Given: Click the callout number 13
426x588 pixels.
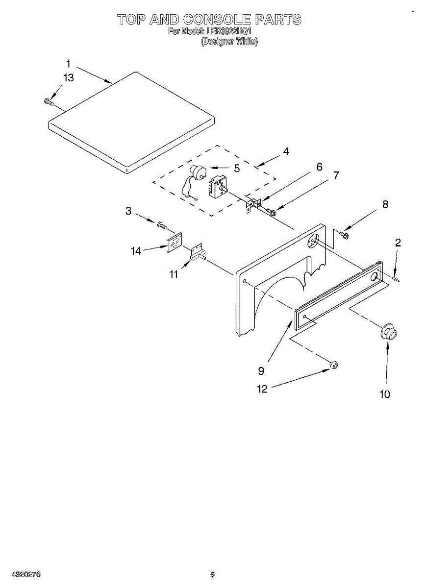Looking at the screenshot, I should tap(69, 78).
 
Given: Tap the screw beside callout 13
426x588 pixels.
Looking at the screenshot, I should tap(48, 101).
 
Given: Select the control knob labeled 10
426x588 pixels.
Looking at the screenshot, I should tap(388, 332).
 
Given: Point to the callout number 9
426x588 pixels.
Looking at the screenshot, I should tap(261, 370).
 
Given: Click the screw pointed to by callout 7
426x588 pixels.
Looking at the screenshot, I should tap(271, 211).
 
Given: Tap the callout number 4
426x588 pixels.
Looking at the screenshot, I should tap(286, 151).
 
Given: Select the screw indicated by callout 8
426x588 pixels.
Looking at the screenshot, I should tap(344, 236).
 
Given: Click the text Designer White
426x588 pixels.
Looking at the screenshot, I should tap(229, 42).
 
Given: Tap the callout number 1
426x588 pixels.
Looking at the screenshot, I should tap(68, 64).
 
